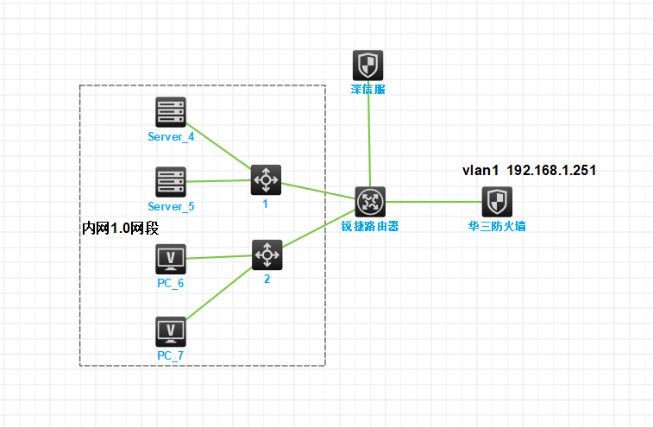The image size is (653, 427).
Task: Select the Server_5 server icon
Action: (x=171, y=182)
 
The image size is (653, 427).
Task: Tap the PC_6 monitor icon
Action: (x=171, y=259)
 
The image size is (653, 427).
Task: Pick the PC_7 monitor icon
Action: (x=171, y=331)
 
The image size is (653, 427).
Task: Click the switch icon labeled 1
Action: (x=266, y=179)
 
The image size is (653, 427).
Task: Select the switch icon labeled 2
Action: (x=267, y=254)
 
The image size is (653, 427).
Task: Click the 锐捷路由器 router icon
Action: (x=370, y=202)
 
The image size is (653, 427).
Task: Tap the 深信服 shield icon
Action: (x=368, y=66)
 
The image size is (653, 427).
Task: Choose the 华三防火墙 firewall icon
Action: (x=496, y=203)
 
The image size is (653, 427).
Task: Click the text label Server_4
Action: (x=171, y=137)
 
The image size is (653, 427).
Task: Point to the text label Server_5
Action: (x=171, y=207)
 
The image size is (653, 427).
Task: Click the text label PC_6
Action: (x=171, y=283)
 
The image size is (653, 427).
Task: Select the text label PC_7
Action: (x=171, y=355)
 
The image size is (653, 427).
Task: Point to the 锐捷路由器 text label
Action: (x=370, y=227)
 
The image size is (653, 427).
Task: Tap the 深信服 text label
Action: (x=368, y=90)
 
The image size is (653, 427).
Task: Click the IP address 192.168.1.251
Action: (x=551, y=171)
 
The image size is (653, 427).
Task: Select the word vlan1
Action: (x=481, y=171)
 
